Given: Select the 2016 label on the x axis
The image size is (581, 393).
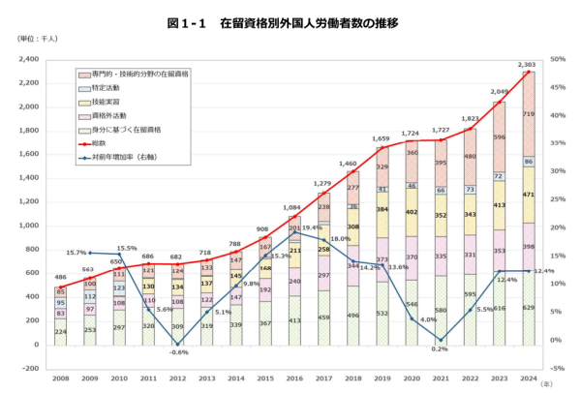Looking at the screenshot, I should pos(295,379).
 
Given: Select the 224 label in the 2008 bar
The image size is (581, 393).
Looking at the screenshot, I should pos(61,331).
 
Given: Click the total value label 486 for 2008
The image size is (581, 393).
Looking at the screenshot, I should pos(60,277).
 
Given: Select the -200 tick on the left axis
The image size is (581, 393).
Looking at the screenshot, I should pos(30,369).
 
